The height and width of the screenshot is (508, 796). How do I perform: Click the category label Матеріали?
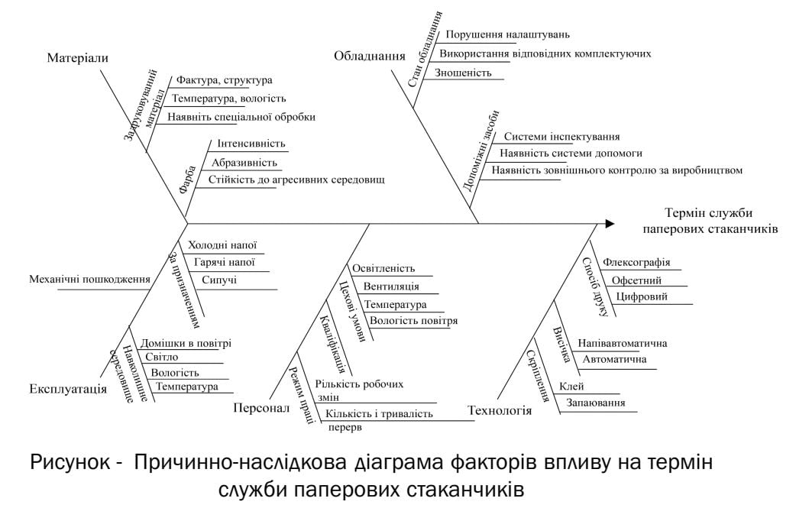(76, 57)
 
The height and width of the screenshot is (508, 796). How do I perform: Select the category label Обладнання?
(369, 55)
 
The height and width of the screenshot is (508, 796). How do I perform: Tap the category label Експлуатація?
(67, 387)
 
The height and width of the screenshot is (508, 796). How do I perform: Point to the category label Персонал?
(262, 408)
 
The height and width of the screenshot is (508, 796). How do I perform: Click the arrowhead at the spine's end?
(610, 224)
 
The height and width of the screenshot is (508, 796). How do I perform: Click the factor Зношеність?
(458, 73)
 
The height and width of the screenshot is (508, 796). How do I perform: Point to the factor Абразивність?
(238, 162)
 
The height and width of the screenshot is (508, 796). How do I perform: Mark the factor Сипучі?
(220, 280)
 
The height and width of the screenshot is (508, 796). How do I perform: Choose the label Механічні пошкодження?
(89, 279)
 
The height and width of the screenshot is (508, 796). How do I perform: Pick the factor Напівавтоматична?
(623, 343)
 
